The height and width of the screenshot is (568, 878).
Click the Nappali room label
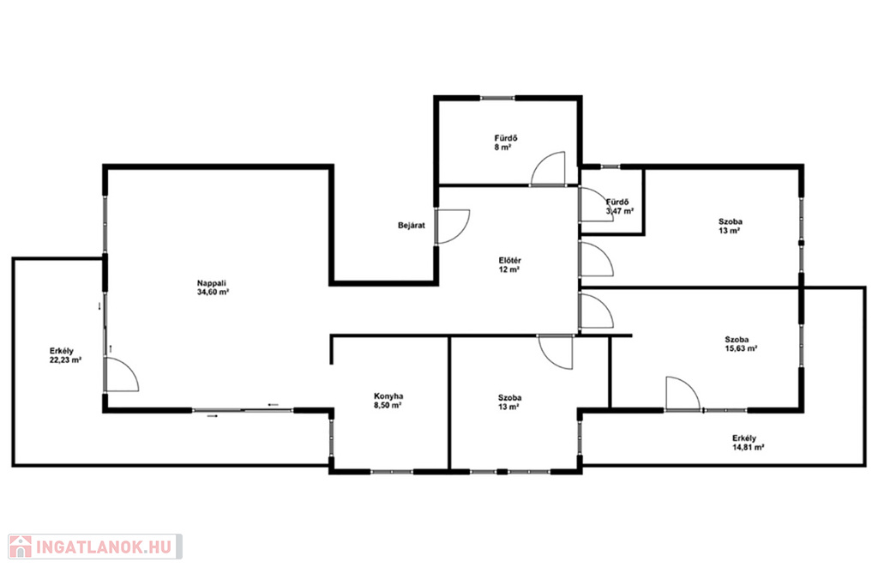(x=212, y=283)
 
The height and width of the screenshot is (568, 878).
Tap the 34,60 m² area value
(x=213, y=293)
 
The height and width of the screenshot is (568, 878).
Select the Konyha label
(x=388, y=396)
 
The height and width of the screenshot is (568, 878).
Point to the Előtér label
(x=510, y=261)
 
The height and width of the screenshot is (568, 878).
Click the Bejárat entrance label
(x=412, y=226)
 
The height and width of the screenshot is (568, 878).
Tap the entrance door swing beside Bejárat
(x=453, y=227)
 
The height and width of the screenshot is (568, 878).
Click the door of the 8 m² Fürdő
(x=548, y=169)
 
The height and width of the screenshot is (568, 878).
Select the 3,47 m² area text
(x=620, y=212)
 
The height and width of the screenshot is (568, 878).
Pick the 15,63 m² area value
(x=742, y=348)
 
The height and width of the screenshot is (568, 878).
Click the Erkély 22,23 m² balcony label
(x=65, y=356)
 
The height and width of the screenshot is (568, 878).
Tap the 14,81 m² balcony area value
(x=749, y=448)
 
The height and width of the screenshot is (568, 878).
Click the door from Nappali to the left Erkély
(x=122, y=374)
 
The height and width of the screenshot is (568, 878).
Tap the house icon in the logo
(x=21, y=547)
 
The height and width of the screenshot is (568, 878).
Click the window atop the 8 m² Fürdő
(x=498, y=99)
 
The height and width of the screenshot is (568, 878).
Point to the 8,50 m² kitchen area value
(x=388, y=405)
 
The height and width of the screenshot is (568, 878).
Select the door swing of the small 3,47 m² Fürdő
(x=597, y=204)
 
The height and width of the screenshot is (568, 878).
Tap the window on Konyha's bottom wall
(x=391, y=472)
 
